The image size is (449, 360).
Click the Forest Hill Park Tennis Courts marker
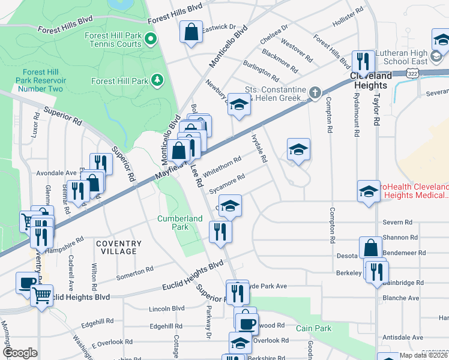(x=150, y=40)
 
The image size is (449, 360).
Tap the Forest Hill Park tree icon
(x=157, y=80)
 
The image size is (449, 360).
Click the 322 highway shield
(x=412, y=73)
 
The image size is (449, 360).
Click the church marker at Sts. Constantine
(x=314, y=92)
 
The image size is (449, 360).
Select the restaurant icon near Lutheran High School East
(x=363, y=61)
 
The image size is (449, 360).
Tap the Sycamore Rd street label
(x=228, y=182)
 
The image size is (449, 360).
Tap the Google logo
(x=20, y=353)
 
